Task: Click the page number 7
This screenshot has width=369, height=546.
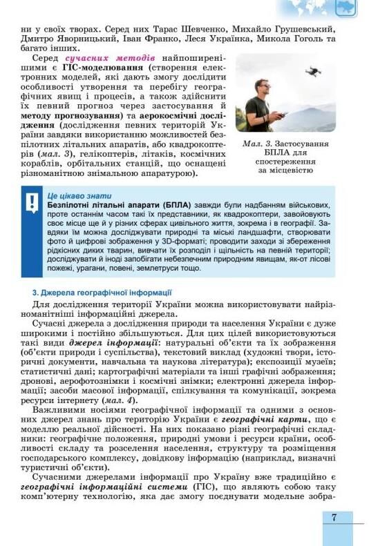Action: (334, 517)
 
